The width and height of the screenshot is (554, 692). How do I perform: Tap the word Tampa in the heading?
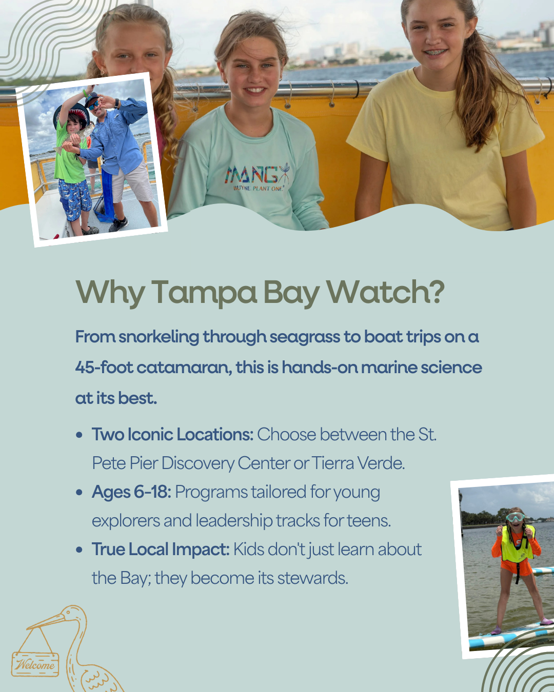tap(204, 293)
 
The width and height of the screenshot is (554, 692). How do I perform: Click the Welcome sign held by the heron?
tap(35, 664)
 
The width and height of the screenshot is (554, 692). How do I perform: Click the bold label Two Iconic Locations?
tap(172, 435)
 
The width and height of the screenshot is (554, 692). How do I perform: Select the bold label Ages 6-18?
tap(131, 492)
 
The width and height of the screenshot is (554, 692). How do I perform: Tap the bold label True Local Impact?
tap(161, 549)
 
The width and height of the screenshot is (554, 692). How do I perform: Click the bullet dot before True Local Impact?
tap(79, 550)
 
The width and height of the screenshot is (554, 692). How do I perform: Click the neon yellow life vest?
tap(517, 544)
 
